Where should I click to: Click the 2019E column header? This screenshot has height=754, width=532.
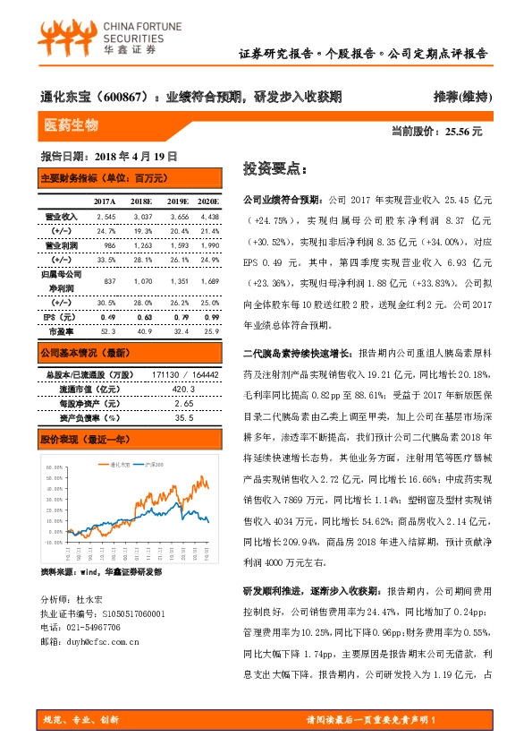coord(179,202)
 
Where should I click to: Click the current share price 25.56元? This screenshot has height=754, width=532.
coord(462,132)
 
